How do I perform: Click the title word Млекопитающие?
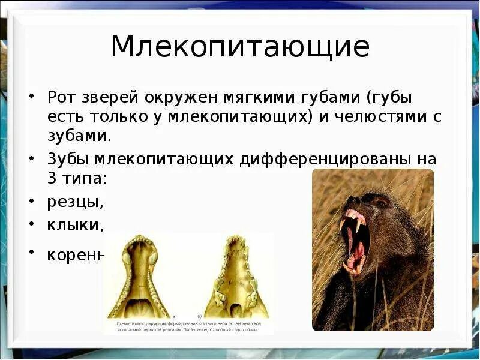(x=239, y=47)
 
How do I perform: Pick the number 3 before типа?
(x=52, y=178)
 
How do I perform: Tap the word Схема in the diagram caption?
(x=117, y=323)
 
